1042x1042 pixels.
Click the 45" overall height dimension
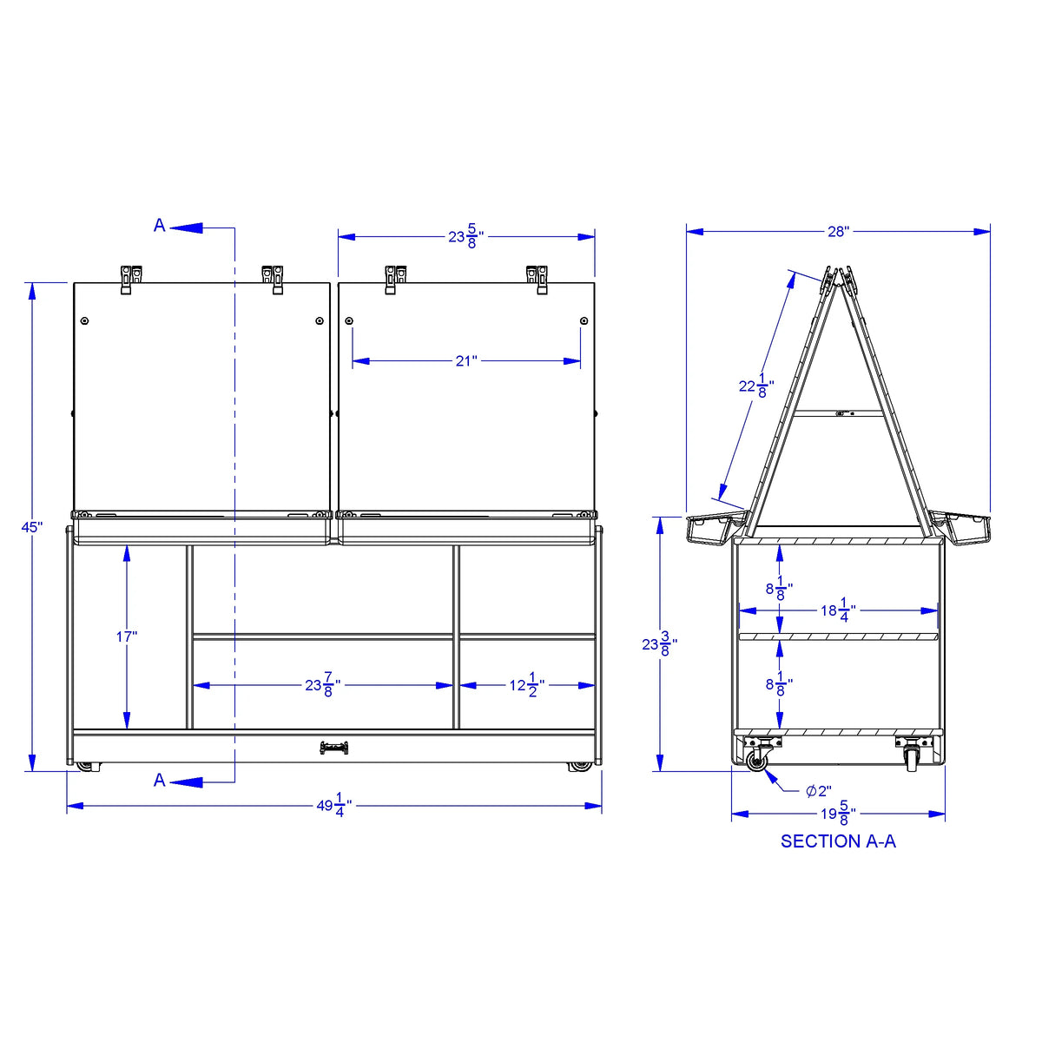point(32,527)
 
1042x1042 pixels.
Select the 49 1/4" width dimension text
point(333,805)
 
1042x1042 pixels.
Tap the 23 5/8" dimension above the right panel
point(465,237)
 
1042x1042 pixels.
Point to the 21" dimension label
point(466,360)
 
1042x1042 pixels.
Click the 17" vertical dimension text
point(127,637)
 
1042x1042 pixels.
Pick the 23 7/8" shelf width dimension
point(322,685)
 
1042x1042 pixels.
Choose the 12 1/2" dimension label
point(527,685)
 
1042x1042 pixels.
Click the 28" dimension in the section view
point(838,232)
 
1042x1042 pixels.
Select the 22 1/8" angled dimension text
point(756,386)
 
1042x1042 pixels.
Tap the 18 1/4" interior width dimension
point(839,610)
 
